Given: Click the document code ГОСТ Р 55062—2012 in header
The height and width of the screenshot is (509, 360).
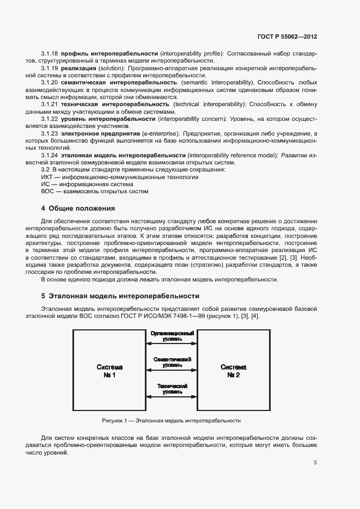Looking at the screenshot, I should coord(287,36).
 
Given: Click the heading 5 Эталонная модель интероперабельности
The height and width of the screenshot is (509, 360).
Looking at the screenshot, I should coord(120,296).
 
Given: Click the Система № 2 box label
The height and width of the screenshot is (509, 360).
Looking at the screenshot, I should coord(234,371).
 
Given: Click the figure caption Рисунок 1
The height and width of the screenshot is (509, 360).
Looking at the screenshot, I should coord(171,421).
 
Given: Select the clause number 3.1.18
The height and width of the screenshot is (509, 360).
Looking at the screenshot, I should coord(50,53).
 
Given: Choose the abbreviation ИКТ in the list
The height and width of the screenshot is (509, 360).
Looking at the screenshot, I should coord(47,177).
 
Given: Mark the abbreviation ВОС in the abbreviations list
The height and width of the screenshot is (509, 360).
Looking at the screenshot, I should coord(48,191).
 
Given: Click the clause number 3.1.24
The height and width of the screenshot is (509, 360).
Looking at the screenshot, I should coord(50,155).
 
